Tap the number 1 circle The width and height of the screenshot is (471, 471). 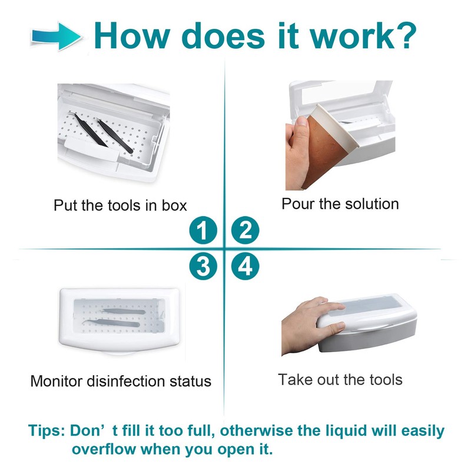coord(203,230)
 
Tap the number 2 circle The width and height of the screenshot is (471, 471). coord(245,230)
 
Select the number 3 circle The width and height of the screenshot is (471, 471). coord(203,268)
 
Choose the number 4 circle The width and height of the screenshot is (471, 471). coord(245,268)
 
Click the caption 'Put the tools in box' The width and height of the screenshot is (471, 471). coord(120,205)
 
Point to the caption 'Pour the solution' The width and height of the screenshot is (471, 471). coord(340,204)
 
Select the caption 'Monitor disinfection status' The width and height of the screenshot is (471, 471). coord(121,381)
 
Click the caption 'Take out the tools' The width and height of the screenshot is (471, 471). coord(340,379)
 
